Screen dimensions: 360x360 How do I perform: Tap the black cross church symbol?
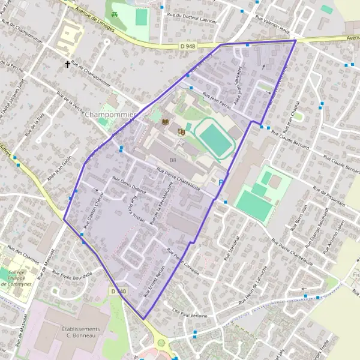click(68, 63)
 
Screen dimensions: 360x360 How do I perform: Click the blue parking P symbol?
click(221, 182)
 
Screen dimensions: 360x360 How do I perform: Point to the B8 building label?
click(173, 160)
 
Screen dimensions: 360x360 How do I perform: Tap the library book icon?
click(166, 122)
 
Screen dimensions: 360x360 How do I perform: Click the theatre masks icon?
click(181, 130)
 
